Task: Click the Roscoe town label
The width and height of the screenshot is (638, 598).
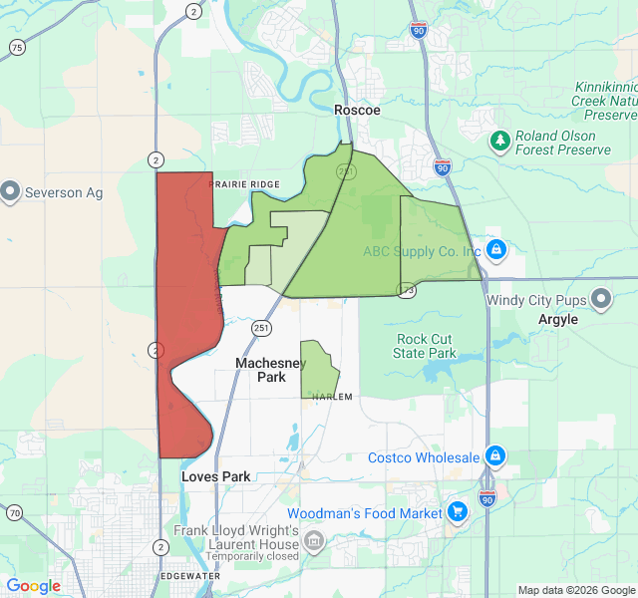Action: (x=357, y=110)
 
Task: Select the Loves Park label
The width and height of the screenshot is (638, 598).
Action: (x=216, y=476)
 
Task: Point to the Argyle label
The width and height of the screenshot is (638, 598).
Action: (x=558, y=320)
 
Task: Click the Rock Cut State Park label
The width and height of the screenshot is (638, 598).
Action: (x=425, y=346)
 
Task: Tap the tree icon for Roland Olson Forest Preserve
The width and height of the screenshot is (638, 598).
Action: (x=499, y=142)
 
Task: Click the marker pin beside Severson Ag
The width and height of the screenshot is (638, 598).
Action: (x=11, y=190)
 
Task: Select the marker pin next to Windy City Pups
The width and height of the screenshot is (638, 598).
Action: (x=601, y=299)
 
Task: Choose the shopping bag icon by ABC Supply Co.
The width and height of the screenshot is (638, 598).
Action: (x=495, y=249)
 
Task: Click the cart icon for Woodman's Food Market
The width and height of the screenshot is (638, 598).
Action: (x=458, y=512)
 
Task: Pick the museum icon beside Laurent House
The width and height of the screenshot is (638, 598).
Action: (x=314, y=542)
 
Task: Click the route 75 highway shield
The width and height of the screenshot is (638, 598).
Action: (x=17, y=48)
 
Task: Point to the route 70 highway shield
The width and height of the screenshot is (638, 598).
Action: (x=14, y=512)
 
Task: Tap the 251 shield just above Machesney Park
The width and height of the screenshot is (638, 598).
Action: (x=261, y=327)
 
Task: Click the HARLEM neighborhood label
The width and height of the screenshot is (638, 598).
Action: (x=332, y=397)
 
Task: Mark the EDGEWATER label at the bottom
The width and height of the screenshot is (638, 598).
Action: (x=189, y=576)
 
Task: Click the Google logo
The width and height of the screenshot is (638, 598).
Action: (x=34, y=586)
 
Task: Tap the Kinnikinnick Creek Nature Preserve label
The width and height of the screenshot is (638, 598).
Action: (x=604, y=100)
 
